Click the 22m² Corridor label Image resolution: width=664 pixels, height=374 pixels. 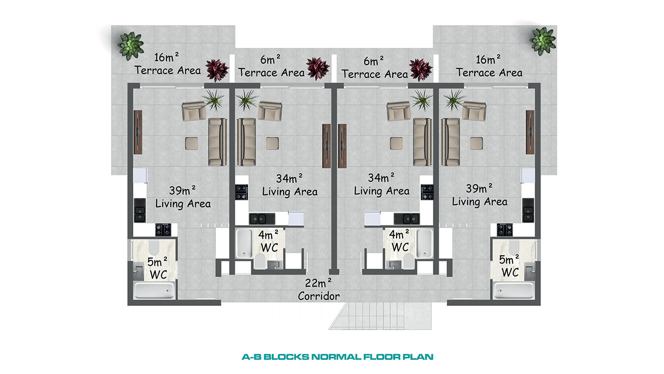(x=319, y=290)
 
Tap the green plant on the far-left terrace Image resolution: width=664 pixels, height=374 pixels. (x=130, y=46)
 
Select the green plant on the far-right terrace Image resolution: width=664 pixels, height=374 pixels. (x=543, y=41)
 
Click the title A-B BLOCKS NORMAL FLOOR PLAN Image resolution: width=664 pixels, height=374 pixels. (x=337, y=356)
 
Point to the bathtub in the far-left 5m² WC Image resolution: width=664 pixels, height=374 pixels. (x=154, y=290)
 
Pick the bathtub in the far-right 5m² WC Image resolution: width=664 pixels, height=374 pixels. (x=514, y=290)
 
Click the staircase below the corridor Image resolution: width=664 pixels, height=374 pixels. (x=380, y=316)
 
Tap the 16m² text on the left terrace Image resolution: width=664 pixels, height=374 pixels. (x=166, y=56)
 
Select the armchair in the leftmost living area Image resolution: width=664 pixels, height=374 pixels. (x=194, y=111)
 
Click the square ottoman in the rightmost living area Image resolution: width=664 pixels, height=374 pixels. (x=476, y=143)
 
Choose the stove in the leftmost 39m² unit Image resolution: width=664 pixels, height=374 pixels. (x=163, y=230)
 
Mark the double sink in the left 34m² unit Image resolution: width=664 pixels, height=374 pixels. (x=262, y=219)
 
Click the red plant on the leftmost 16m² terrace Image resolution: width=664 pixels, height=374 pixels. (x=217, y=70)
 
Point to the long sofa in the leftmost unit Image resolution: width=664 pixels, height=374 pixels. (x=217, y=142)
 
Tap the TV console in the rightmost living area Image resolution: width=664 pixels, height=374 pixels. (x=530, y=132)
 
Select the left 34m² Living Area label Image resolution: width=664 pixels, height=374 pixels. (x=290, y=185)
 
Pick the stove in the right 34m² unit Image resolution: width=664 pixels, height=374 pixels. (x=427, y=192)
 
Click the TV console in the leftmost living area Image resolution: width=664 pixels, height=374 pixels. (x=138, y=132)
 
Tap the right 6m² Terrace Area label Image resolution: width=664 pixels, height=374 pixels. (x=374, y=67)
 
